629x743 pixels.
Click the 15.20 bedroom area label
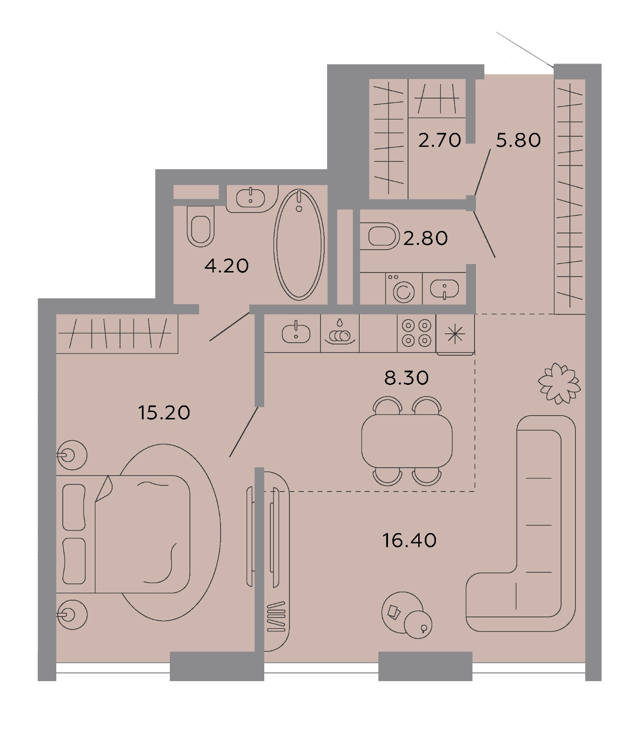click(164, 412)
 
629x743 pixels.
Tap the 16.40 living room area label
click(409, 540)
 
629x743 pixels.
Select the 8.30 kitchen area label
click(406, 378)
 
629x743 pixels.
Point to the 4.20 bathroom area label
click(227, 266)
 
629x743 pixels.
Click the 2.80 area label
click(425, 238)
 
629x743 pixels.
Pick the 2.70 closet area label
click(439, 140)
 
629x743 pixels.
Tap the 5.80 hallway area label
click(518, 140)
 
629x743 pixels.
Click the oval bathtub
click(299, 244)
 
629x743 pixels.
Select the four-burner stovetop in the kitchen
click(416, 333)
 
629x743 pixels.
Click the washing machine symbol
click(403, 289)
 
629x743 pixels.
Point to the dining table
click(407, 441)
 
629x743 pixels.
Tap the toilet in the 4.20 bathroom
click(201, 226)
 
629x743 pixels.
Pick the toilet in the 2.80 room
click(380, 236)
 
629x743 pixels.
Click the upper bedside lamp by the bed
click(72, 455)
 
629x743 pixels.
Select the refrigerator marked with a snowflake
click(455, 335)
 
